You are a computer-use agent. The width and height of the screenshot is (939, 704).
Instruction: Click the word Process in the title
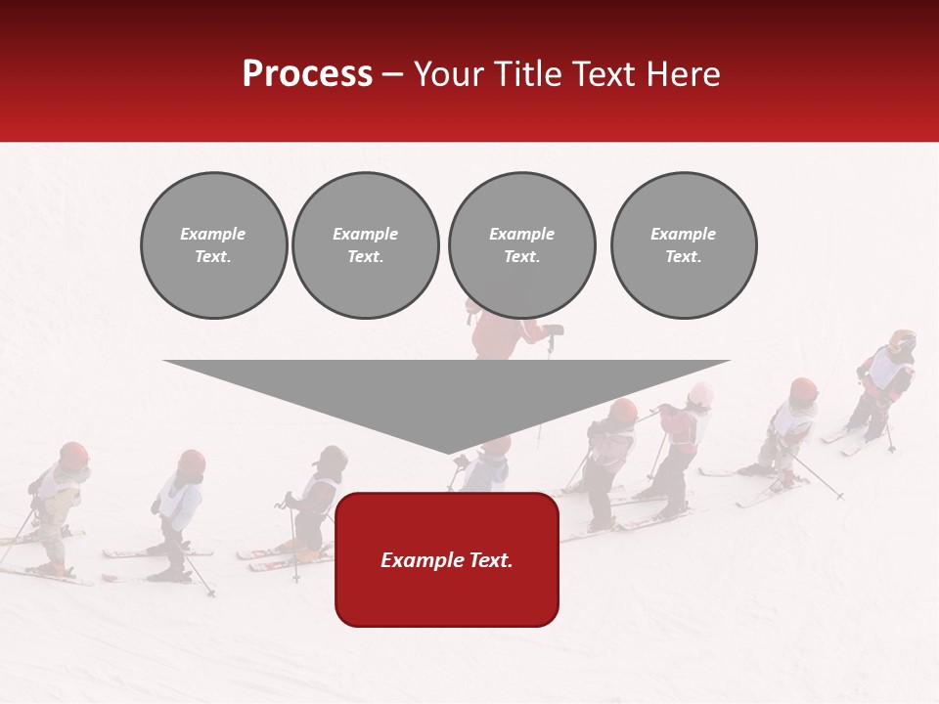pyautogui.click(x=307, y=73)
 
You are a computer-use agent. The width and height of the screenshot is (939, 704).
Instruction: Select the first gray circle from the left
pyautogui.click(x=213, y=245)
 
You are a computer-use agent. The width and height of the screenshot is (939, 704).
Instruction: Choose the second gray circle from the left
pyautogui.click(x=366, y=245)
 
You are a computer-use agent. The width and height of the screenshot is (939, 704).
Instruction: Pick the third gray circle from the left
pyautogui.click(x=521, y=245)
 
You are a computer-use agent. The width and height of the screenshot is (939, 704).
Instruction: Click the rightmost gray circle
pyautogui.click(x=684, y=245)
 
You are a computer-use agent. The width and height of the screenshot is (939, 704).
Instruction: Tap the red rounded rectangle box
pyautogui.click(x=447, y=559)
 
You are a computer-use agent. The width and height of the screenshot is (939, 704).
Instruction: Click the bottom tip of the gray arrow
pyautogui.click(x=449, y=453)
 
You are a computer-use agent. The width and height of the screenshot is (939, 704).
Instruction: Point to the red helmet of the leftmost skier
pyautogui.click(x=73, y=454)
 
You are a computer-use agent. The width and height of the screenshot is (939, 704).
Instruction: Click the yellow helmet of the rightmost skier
pyautogui.click(x=902, y=341)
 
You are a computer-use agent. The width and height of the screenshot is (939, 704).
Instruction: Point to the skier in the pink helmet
pyautogui.click(x=700, y=395)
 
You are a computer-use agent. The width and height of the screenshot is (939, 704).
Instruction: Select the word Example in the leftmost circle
pyautogui.click(x=213, y=234)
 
